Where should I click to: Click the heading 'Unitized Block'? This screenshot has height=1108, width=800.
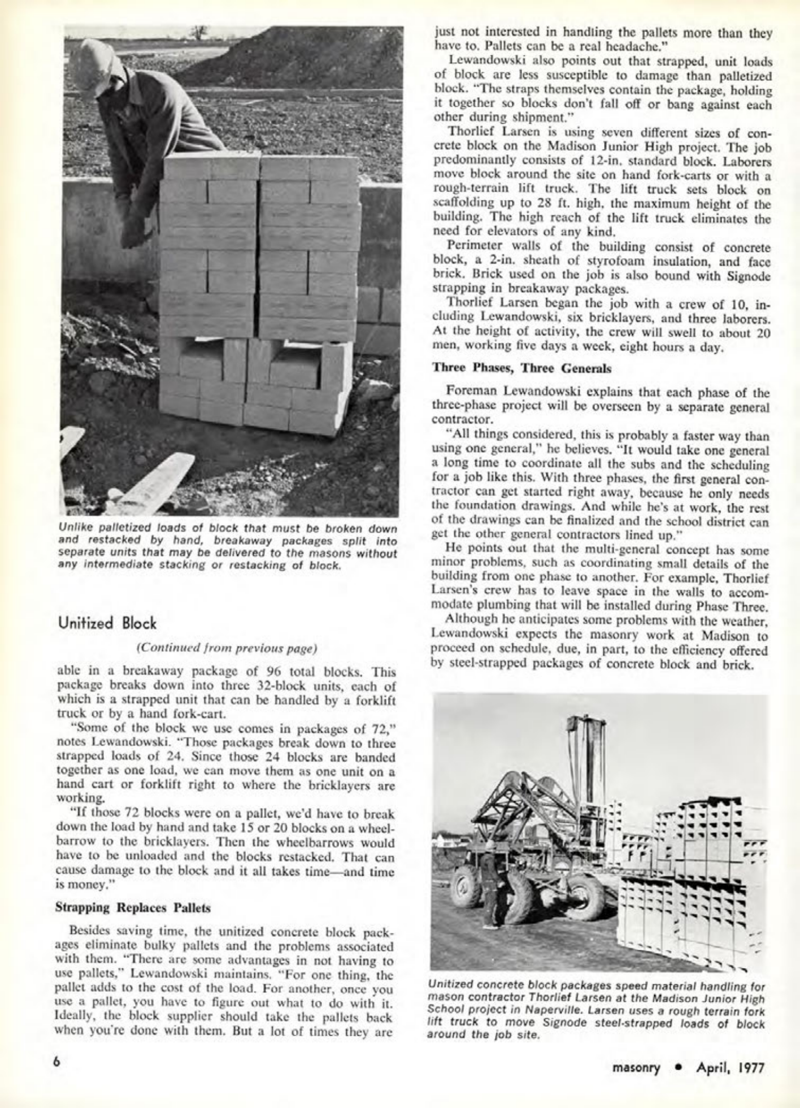[107, 624]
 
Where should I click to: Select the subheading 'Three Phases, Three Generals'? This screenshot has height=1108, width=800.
[521, 368]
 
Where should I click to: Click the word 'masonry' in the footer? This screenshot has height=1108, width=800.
[636, 1068]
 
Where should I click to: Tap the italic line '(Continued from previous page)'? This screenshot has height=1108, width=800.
[226, 648]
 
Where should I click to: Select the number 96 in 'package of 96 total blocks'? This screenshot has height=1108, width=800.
[272, 672]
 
